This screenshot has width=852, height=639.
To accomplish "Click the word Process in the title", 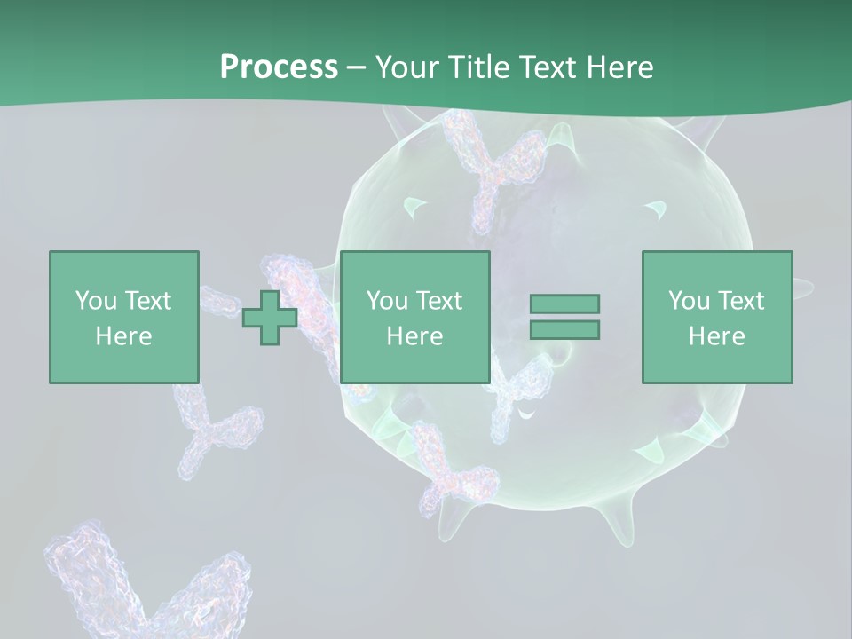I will point(279,67).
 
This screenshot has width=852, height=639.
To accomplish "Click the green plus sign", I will point(270,317).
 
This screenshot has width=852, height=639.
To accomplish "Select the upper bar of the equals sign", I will point(564,304).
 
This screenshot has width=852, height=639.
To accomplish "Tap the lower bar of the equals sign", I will point(564,329).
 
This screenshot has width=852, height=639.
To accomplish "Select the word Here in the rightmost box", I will point(716,336).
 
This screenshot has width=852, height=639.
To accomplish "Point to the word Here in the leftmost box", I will point(123,336).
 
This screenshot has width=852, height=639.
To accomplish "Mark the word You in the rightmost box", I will point(689,300).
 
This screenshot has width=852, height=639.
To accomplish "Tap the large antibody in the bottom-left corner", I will point(133,586).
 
